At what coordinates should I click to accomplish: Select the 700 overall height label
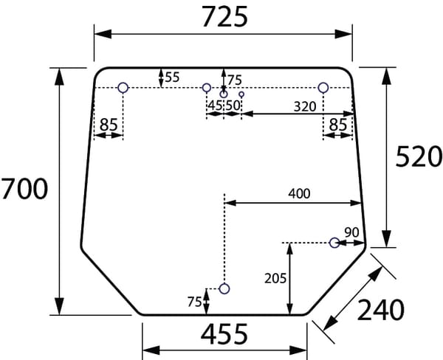click(24, 190)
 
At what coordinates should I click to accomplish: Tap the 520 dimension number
click(418, 156)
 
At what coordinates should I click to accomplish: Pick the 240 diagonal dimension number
click(381, 311)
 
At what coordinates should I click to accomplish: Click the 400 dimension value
click(299, 193)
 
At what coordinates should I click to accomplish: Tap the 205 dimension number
click(275, 278)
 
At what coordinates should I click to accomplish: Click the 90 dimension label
click(351, 232)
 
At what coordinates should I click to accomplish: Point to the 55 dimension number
click(171, 77)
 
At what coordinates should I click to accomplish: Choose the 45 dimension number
click(215, 105)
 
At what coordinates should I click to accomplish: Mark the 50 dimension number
click(233, 105)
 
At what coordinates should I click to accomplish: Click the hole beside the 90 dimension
click(334, 242)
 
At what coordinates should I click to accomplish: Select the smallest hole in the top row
click(241, 94)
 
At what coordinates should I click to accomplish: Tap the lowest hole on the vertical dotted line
click(224, 288)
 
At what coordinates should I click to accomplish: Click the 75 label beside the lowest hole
click(195, 301)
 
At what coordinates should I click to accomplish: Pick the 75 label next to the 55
click(234, 80)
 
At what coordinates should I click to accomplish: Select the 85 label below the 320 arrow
click(338, 125)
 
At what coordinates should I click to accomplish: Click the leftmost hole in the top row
click(123, 88)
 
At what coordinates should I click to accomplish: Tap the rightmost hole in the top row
click(323, 88)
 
